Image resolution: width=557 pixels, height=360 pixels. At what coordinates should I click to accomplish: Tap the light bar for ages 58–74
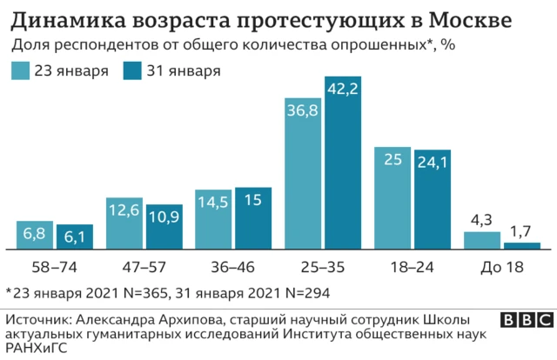[x=36, y=234]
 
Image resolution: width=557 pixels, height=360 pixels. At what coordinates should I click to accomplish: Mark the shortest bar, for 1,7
[x=521, y=244]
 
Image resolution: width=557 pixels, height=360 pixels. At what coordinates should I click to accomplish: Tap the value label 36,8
[x=304, y=111]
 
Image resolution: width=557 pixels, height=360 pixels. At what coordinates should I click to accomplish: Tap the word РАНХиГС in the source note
[x=35, y=348]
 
